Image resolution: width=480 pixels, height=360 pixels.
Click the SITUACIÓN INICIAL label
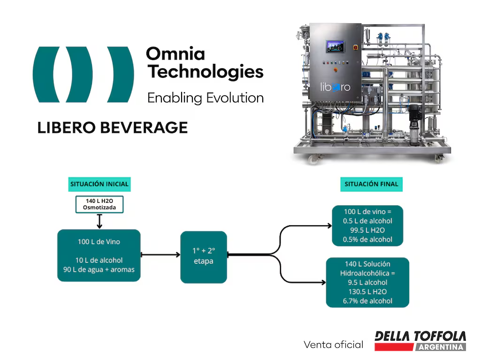point(99,184)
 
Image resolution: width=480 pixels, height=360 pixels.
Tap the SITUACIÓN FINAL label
point(371,184)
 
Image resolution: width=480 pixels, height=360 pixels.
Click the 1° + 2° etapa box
point(204,257)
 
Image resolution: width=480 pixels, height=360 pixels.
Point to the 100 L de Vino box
point(99,255)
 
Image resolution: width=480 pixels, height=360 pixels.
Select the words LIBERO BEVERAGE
point(113,127)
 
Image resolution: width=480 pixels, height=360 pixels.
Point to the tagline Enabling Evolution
point(205,98)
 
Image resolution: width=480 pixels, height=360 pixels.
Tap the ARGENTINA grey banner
point(440,347)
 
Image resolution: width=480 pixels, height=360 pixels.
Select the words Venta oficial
point(333,345)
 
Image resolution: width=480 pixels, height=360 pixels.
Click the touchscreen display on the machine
point(335,47)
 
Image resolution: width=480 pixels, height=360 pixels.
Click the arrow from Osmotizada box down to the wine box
point(99,221)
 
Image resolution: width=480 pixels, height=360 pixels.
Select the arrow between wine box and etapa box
point(160,255)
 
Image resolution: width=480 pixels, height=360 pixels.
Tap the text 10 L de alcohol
point(99,260)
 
